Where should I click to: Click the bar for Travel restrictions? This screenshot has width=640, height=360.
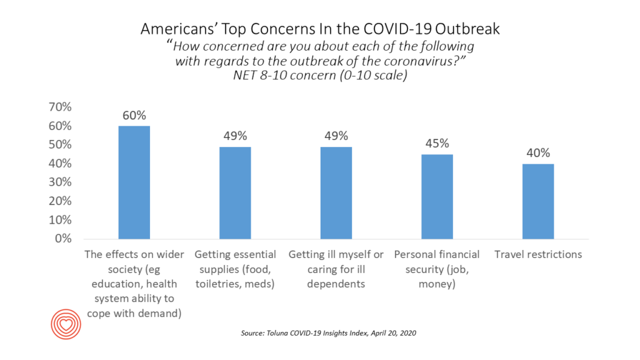click(x=537, y=201)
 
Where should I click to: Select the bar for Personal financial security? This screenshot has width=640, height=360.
click(x=437, y=196)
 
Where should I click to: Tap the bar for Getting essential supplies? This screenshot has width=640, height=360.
click(x=235, y=192)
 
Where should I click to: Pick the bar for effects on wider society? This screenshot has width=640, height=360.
click(x=134, y=182)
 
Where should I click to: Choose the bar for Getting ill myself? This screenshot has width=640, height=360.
click(x=336, y=192)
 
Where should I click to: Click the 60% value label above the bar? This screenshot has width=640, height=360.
click(x=134, y=116)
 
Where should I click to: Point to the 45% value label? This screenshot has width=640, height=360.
click(x=437, y=144)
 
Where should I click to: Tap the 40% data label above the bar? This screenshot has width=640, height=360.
click(x=537, y=153)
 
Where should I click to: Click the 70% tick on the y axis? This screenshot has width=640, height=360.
click(x=60, y=107)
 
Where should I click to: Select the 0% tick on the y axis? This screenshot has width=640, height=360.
click(x=62, y=239)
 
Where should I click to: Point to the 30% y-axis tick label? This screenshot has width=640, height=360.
click(x=60, y=182)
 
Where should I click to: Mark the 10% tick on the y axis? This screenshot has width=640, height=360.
click(x=60, y=220)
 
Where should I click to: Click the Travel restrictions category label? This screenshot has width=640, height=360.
click(x=537, y=255)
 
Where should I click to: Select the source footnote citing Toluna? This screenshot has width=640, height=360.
click(x=328, y=334)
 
